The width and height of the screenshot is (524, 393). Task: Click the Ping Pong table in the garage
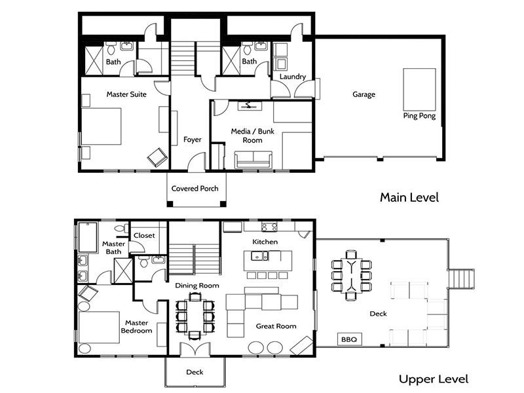419,89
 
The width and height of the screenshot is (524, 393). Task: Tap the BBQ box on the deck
349,339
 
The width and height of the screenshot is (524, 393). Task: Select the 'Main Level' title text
409,197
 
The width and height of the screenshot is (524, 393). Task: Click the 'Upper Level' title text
434,379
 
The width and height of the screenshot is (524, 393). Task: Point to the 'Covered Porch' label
195,189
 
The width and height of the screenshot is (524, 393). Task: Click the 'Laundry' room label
293,77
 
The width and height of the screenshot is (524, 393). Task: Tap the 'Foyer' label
193,140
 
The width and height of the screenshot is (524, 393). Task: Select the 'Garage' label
364,94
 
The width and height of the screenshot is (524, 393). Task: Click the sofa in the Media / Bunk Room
253,160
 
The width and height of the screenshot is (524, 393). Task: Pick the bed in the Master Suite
102,126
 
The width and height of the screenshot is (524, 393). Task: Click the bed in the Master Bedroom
99,327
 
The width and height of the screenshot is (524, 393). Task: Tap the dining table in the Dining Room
195,316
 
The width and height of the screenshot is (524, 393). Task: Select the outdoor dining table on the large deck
351,275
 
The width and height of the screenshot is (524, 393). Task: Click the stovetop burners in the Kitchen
269,227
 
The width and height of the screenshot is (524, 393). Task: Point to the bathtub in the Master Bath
88,237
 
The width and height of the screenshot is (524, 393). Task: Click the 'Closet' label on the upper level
144,235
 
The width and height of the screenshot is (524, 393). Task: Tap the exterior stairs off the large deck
461,278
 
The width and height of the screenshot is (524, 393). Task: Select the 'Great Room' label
276,326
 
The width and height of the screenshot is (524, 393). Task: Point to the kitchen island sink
259,256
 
